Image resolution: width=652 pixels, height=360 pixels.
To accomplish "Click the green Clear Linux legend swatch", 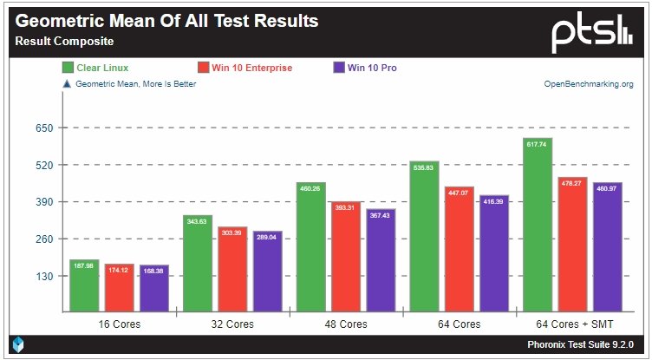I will pos(67,68).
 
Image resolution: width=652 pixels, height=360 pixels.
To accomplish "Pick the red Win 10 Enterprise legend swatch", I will pos(204,68).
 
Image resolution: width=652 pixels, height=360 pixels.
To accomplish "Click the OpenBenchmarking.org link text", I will pos(589,84).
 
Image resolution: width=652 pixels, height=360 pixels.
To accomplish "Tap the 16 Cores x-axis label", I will pos(119,324).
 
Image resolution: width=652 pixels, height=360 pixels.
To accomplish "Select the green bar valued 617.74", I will pos(537,225).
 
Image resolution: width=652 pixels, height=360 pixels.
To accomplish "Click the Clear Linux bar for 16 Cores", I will pos(84,285).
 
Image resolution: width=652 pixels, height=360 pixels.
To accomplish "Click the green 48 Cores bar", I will pos(310,246).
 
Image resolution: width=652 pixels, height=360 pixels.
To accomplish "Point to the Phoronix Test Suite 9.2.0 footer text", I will pos(586,344).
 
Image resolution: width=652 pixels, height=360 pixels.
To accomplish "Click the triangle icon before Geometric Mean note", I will pos(66,84).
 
